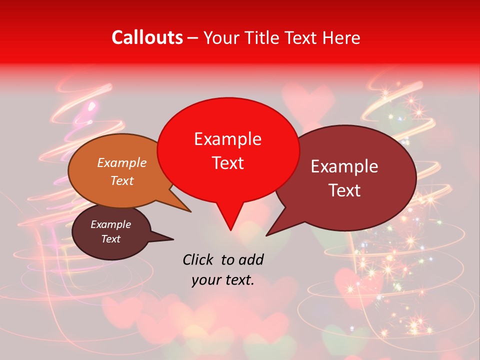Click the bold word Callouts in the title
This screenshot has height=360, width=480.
click(147, 37)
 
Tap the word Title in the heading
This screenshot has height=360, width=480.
click(262, 37)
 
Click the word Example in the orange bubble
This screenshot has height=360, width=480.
click(122, 162)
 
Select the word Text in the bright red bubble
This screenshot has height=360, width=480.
click(228, 163)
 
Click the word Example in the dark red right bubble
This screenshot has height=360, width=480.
click(344, 166)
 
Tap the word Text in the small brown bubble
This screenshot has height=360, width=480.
click(111, 239)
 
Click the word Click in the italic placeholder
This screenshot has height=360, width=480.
click(199, 259)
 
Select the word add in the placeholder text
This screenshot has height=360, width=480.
click(251, 259)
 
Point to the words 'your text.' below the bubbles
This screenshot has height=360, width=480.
click(223, 280)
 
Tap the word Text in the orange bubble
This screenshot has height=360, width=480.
click(122, 180)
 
